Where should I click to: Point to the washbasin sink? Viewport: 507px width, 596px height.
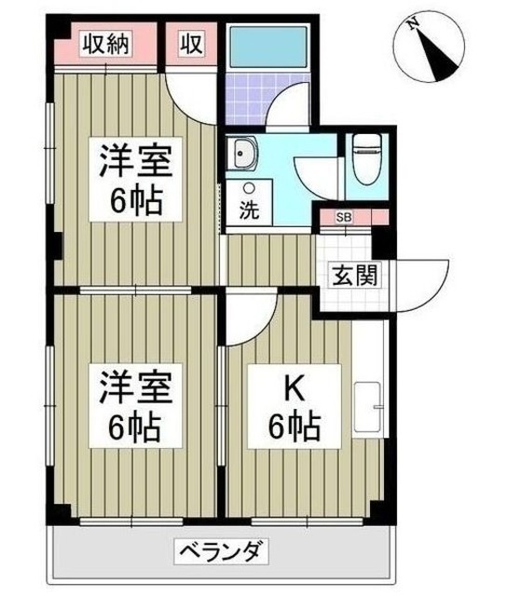click(246, 155)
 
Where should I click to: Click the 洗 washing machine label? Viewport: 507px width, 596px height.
click(248, 210)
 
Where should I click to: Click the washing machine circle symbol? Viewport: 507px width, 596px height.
click(248, 188)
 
